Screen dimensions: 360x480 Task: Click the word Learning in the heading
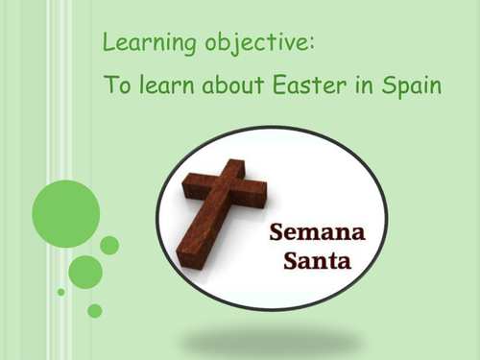tap(138, 44)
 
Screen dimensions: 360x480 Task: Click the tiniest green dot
tap(61, 292)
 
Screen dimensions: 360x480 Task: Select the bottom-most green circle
tap(94, 310)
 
